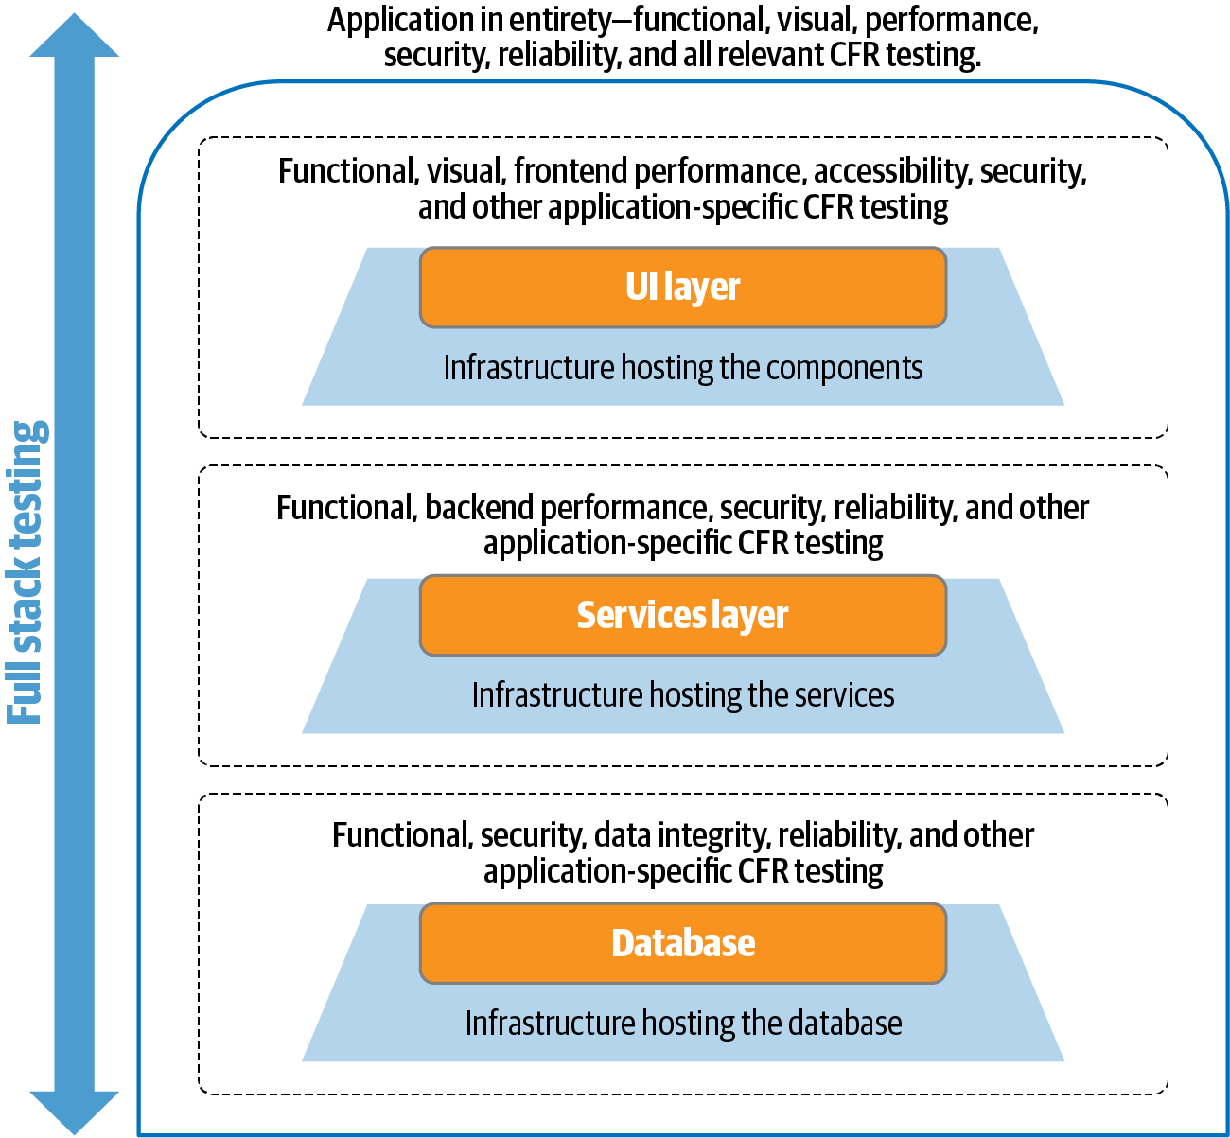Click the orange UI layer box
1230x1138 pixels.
[x=682, y=288]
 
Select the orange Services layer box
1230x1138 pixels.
[x=682, y=615]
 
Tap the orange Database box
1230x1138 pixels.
[x=682, y=943]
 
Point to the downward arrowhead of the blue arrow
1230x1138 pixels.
[x=74, y=1111]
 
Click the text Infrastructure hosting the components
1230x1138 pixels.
[x=682, y=368]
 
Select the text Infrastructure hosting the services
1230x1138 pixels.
[x=682, y=695]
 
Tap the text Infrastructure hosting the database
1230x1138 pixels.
[x=682, y=1024]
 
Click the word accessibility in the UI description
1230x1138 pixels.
[x=892, y=171]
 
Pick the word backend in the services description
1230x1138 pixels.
[x=480, y=508]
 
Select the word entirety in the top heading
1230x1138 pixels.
[x=559, y=20]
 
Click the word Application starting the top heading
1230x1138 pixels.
[x=401, y=20]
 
